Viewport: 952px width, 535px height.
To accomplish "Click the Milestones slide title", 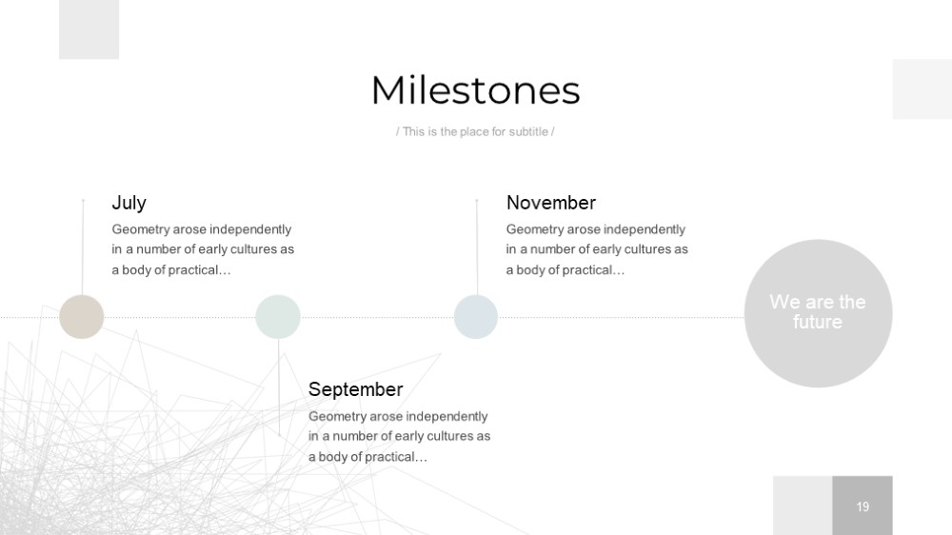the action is pyautogui.click(x=475, y=90).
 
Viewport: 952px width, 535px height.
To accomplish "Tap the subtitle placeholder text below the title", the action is pyautogui.click(x=475, y=131).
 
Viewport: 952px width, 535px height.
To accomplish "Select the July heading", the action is pyautogui.click(x=129, y=203).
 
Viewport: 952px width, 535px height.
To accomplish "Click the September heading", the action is pyautogui.click(x=355, y=389).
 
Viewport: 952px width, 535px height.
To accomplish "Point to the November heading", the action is pyautogui.click(x=550, y=203).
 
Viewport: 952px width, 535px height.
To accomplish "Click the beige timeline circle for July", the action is pyautogui.click(x=81, y=317).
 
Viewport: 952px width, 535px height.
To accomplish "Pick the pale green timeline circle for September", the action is pyautogui.click(x=278, y=317).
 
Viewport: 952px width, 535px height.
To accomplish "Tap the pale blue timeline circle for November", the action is pyautogui.click(x=476, y=317).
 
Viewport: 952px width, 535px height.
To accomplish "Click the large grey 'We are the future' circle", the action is pyautogui.click(x=818, y=313).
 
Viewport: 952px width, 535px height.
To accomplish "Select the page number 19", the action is pyautogui.click(x=863, y=506).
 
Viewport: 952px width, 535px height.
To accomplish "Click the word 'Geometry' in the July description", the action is pyautogui.click(x=140, y=229).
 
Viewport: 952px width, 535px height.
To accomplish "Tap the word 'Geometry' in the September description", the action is pyautogui.click(x=337, y=417).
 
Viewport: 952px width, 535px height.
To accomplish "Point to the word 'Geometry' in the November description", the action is pyautogui.click(x=535, y=229).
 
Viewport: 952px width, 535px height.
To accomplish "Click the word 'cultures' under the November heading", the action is pyautogui.click(x=647, y=249).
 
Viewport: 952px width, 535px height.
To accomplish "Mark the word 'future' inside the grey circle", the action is pyautogui.click(x=817, y=322).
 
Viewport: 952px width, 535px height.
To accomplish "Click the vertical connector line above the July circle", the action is pyautogui.click(x=83, y=248).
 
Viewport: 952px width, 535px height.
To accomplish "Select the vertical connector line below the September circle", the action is pyautogui.click(x=279, y=387).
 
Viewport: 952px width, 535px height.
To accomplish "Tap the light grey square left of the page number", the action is pyautogui.click(x=803, y=505).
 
